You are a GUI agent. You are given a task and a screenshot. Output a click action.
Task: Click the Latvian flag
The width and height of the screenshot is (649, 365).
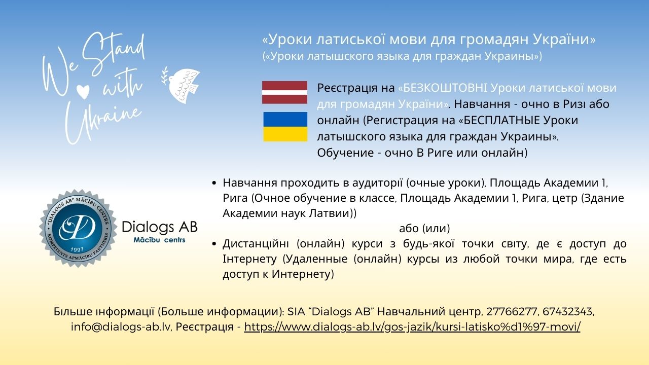(x=284, y=92)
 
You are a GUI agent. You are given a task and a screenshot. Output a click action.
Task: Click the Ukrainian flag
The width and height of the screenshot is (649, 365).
(x=285, y=127)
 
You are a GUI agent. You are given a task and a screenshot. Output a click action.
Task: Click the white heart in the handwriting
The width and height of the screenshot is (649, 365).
(x=82, y=91)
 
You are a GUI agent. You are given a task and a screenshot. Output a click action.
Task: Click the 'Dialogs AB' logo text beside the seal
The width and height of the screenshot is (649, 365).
(x=160, y=226)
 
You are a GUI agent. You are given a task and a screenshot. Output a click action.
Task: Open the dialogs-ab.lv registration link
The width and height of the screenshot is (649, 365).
(x=412, y=327)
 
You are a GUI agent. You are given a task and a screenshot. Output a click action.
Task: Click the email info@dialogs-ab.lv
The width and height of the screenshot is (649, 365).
(x=121, y=327)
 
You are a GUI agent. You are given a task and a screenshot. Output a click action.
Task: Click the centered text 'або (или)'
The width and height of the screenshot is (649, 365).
(x=424, y=229)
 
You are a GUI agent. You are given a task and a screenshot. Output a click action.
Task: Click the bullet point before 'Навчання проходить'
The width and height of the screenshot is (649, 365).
(x=215, y=182)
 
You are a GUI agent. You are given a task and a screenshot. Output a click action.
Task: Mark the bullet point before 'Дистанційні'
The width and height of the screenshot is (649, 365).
(x=215, y=244)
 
